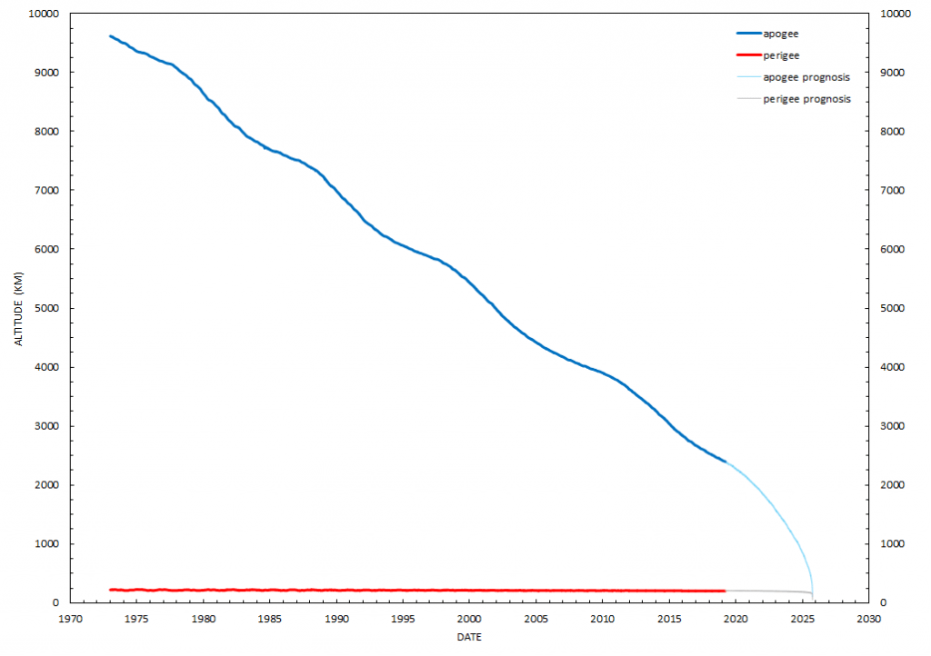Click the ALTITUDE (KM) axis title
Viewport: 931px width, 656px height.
point(19,308)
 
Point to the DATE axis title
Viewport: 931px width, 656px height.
point(469,638)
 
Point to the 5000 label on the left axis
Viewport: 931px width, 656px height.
point(49,308)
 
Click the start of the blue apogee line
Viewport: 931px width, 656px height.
point(110,36)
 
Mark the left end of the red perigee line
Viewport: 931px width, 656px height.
point(110,590)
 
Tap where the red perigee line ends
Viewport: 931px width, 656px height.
point(725,591)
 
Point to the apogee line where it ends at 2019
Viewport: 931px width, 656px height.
point(726,462)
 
